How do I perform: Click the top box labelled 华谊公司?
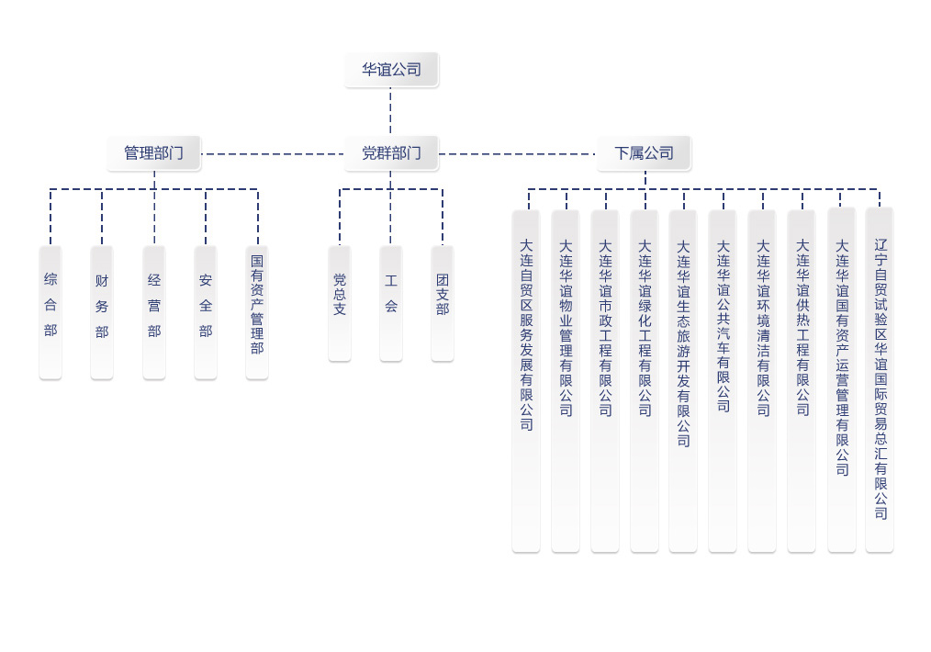click(391, 70)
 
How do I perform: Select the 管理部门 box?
click(153, 153)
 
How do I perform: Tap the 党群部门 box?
click(391, 153)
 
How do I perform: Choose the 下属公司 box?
click(645, 153)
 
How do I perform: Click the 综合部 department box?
click(50, 312)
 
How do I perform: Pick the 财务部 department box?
click(102, 312)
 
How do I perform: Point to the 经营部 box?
click(153, 312)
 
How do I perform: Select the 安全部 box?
click(206, 312)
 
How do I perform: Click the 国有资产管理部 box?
click(257, 312)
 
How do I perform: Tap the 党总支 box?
click(340, 303)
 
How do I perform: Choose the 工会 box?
click(391, 303)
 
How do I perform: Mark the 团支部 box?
click(443, 303)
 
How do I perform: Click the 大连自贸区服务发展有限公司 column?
click(526, 380)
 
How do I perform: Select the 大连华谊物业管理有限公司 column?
click(566, 380)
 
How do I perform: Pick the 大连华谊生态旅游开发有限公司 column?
click(683, 380)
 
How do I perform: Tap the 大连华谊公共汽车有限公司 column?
click(723, 380)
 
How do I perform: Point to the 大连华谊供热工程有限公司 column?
click(802, 380)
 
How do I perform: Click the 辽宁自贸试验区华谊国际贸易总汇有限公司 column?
click(880, 379)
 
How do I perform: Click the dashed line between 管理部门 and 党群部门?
click(273, 153)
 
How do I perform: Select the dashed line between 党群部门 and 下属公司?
click(517, 153)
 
